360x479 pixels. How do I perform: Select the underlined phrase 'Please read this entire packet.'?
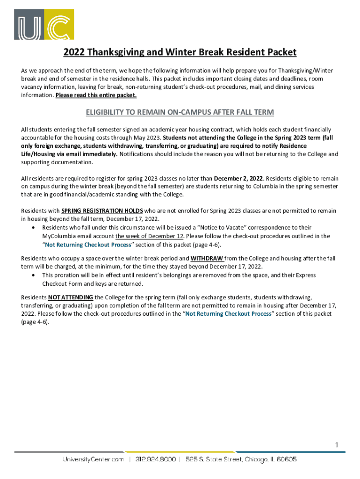(x=96, y=95)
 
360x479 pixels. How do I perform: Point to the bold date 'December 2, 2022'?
(x=238, y=178)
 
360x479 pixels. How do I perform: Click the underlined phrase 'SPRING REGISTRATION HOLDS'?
(x=102, y=211)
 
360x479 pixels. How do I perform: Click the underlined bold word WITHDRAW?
(x=207, y=258)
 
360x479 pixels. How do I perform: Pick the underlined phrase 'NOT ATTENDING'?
(x=70, y=297)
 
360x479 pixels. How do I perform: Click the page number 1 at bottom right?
(x=336, y=445)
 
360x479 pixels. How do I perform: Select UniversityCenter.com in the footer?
(x=94, y=459)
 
